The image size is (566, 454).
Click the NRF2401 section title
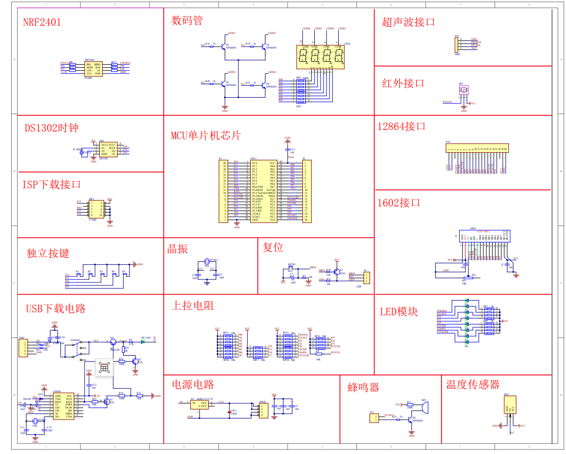[x=42, y=22]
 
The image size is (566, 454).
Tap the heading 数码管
[x=187, y=21]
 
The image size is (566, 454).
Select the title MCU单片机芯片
[x=206, y=135]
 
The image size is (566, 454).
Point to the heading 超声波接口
[x=408, y=22]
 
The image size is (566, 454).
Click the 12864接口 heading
[x=401, y=127]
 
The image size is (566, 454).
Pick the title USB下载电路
[x=56, y=308]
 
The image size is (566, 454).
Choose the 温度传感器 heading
[x=472, y=385]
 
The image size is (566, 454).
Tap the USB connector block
[x=23, y=348]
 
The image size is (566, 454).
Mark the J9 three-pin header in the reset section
[x=366, y=278]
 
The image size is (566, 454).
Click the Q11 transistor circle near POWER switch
[x=112, y=341]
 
